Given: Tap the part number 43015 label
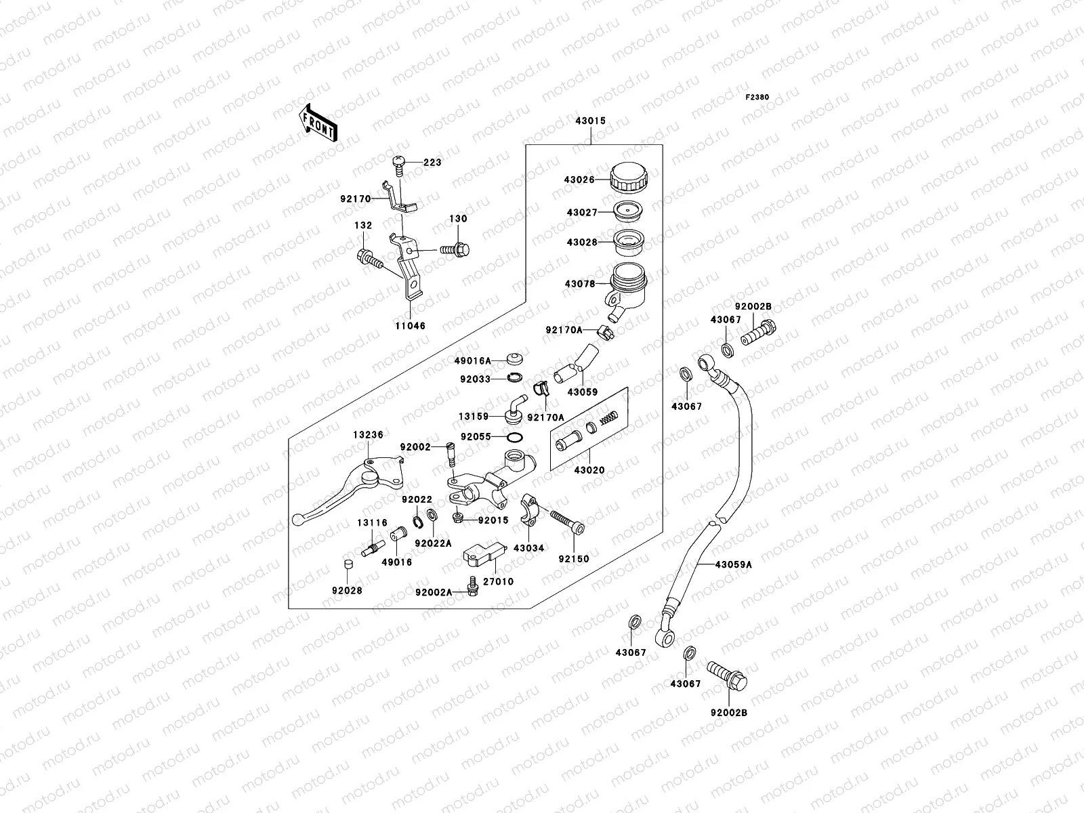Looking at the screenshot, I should (x=590, y=121).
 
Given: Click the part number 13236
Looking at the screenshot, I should (x=368, y=434).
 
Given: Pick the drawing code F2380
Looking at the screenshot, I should (x=757, y=97).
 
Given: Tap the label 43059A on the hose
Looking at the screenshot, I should (x=733, y=564).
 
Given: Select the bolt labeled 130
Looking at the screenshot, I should (x=456, y=250).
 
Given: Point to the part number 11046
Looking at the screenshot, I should (x=411, y=325).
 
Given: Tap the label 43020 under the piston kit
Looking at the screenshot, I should (x=589, y=470).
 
